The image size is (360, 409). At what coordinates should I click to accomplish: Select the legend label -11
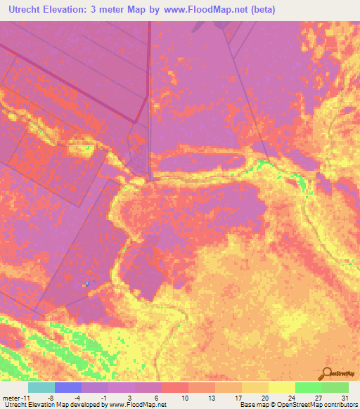click(25, 397)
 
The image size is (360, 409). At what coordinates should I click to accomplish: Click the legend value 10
click(185, 397)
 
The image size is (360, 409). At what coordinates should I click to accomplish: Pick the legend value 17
click(238, 397)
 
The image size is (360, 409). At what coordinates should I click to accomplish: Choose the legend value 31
click(345, 397)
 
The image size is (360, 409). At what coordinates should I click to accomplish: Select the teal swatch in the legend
click(41, 387)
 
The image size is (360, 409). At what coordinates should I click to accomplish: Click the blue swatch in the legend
click(67, 387)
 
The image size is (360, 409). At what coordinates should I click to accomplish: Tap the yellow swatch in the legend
click(281, 387)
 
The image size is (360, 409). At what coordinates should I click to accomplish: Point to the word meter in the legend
click(11, 397)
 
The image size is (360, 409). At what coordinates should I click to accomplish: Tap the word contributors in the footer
click(338, 405)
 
